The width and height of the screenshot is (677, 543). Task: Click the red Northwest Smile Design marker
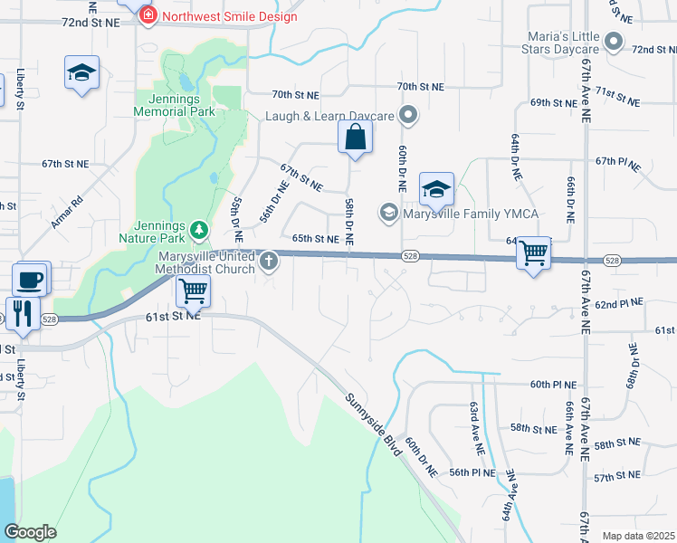(148, 15)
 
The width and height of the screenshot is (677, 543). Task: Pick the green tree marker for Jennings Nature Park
(199, 233)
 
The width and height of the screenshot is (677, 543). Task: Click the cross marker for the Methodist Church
(268, 262)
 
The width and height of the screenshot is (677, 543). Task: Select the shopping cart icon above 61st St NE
(193, 291)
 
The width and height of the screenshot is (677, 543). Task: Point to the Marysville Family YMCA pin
(389, 213)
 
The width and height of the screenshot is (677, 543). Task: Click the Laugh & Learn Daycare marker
(408, 115)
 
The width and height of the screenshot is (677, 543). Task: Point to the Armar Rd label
(68, 211)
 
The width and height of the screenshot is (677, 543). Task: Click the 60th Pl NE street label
(553, 385)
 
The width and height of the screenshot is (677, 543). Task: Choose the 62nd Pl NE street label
(619, 302)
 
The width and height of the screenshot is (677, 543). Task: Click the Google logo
(30, 532)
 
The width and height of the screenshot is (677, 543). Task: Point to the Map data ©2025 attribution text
(637, 536)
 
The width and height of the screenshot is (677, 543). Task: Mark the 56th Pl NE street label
(472, 472)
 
